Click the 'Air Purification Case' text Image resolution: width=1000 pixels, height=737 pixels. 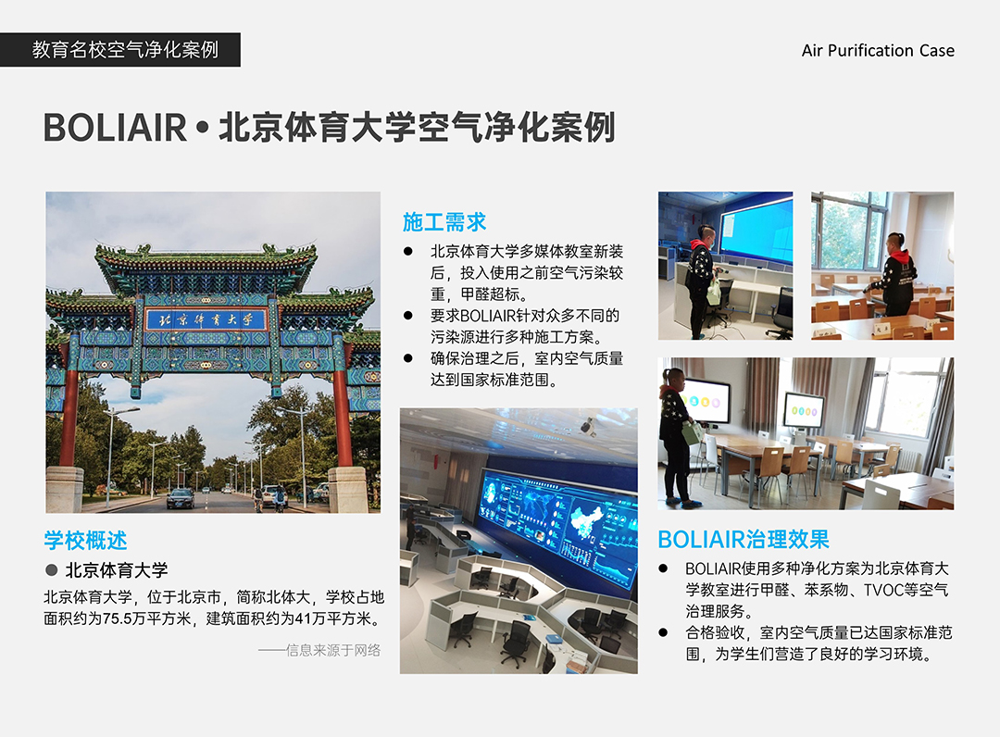(x=878, y=50)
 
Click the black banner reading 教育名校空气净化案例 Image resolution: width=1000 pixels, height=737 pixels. (x=119, y=50)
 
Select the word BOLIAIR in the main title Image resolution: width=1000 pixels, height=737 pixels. (x=115, y=128)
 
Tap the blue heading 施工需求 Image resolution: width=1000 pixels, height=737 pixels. (x=444, y=222)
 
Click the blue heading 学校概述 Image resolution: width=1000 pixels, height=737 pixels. (x=85, y=540)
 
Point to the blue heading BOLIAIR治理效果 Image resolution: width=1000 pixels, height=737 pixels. (x=744, y=540)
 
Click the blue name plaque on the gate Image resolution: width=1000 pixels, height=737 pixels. (x=206, y=319)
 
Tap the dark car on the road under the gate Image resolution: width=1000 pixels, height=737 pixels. (x=181, y=498)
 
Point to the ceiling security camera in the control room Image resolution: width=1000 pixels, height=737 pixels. (x=588, y=427)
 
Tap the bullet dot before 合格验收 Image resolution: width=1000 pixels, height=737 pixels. (x=663, y=632)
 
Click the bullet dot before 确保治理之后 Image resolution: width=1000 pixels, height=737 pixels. (x=408, y=358)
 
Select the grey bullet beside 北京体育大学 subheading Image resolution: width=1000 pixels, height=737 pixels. (x=51, y=570)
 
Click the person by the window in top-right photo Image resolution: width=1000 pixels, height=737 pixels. (x=895, y=275)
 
